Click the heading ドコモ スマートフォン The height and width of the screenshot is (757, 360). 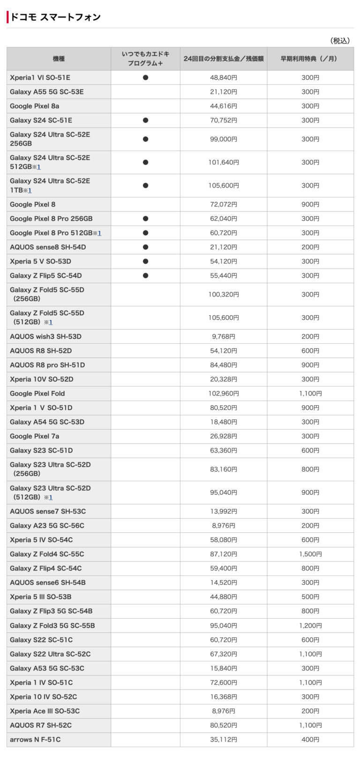[55, 17]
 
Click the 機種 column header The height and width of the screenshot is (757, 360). [59, 59]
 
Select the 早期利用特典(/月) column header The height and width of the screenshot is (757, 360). [310, 59]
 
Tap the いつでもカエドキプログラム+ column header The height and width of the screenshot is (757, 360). [145, 59]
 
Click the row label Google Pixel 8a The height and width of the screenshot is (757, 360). [35, 106]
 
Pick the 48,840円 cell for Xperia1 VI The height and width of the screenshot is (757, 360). [224, 78]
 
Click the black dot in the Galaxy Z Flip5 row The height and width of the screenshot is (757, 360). [145, 276]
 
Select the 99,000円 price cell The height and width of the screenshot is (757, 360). [224, 139]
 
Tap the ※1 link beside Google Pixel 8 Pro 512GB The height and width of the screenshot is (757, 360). [97, 233]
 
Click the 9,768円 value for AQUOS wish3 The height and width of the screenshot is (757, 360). [224, 337]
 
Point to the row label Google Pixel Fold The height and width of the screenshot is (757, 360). [37, 394]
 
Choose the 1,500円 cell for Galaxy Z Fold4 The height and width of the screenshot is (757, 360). [310, 554]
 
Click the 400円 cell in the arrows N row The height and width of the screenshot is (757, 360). [310, 740]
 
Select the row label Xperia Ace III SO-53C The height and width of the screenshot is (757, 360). [45, 711]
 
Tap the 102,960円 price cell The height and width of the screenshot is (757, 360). [224, 394]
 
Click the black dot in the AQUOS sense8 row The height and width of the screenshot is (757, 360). [145, 247]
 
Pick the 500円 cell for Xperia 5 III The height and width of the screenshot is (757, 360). [310, 597]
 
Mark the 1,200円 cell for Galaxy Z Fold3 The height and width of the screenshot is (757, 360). [310, 626]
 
